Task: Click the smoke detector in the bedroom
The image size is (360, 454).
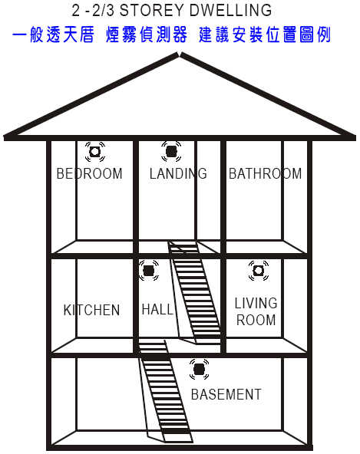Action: click(x=95, y=152)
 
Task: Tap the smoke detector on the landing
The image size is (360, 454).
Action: click(x=171, y=151)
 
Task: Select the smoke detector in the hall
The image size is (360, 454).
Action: click(x=149, y=271)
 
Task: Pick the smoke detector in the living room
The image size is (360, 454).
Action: click(x=259, y=271)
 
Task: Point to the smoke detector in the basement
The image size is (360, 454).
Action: click(x=199, y=370)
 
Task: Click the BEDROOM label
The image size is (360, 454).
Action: click(x=90, y=174)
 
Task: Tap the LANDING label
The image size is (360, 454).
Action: click(x=178, y=173)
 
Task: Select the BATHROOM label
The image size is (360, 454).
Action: click(x=266, y=174)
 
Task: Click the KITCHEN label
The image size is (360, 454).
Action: click(x=91, y=310)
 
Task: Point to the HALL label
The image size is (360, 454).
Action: click(x=157, y=309)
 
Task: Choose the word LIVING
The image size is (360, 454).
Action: click(x=256, y=303)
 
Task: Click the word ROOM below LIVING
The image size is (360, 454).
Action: click(x=256, y=320)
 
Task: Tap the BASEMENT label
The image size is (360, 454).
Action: click(x=226, y=394)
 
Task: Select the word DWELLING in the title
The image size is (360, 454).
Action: click(x=231, y=11)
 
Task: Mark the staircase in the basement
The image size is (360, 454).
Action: click(x=165, y=391)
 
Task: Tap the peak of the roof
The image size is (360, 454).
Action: click(x=180, y=54)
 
